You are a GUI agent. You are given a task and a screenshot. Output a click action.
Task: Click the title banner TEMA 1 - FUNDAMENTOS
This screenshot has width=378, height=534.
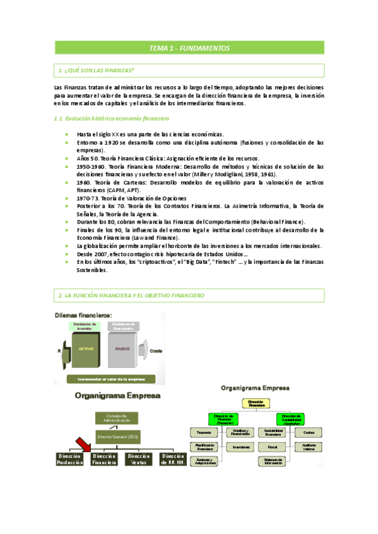[189, 48]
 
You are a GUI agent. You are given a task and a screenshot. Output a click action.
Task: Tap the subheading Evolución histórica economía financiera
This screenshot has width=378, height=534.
[112, 118]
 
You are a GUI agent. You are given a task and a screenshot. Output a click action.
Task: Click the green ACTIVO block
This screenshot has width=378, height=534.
[86, 348]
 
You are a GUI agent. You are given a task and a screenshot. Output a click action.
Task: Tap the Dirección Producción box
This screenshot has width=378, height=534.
[69, 459]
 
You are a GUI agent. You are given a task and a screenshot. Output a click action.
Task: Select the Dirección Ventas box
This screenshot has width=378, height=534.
[138, 459]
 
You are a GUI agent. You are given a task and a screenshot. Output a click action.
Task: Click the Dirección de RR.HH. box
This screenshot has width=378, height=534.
[172, 459]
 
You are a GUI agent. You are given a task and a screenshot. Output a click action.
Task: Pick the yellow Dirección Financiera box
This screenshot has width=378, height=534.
[256, 404]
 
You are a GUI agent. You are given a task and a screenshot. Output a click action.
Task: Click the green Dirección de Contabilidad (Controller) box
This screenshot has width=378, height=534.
[290, 419]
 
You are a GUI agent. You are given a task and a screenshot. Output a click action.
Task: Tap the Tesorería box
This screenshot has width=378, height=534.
[203, 433]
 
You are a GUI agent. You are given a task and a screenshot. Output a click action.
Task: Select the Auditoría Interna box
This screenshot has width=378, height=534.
[308, 447]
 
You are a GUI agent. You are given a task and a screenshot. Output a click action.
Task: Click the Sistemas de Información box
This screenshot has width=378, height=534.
[273, 462]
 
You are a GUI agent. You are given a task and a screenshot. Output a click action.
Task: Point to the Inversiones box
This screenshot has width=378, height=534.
[240, 447]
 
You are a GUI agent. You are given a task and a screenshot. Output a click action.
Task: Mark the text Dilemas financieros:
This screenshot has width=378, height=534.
[83, 315]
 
